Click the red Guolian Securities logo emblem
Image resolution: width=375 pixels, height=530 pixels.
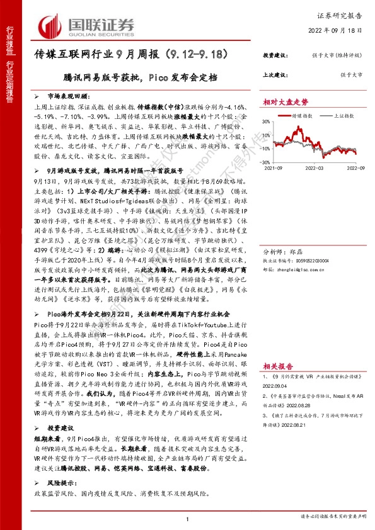tap(50, 25)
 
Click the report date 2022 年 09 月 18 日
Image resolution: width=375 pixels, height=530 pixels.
tap(337, 30)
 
